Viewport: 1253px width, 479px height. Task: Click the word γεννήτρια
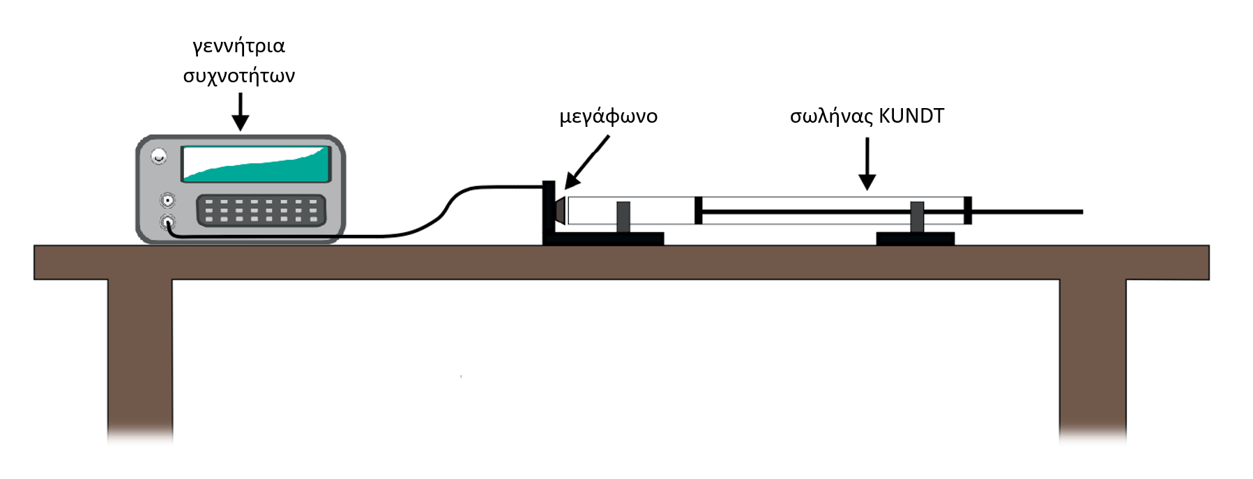pos(238,47)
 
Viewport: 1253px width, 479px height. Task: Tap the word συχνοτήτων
pos(238,75)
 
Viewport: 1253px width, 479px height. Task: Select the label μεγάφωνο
pos(608,116)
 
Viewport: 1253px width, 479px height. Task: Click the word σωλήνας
pos(830,116)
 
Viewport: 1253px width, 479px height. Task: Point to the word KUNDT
pos(911,116)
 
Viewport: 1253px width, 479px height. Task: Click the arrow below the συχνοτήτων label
pos(240,112)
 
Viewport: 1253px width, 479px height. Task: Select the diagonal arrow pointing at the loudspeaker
pos(587,162)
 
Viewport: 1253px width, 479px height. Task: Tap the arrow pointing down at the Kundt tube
pos(867,163)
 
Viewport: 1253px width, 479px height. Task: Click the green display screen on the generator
pos(256,165)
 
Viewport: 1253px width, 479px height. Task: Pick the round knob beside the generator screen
pos(160,156)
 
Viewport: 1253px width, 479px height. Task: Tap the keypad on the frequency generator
pos(261,210)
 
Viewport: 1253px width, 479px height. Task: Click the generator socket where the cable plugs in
pos(167,222)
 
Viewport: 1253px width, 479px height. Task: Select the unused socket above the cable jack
pos(167,201)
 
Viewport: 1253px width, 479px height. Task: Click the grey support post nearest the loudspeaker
pos(623,217)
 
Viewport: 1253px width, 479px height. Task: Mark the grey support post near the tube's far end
pos(917,217)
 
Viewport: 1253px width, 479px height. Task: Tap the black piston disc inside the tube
pos(698,211)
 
